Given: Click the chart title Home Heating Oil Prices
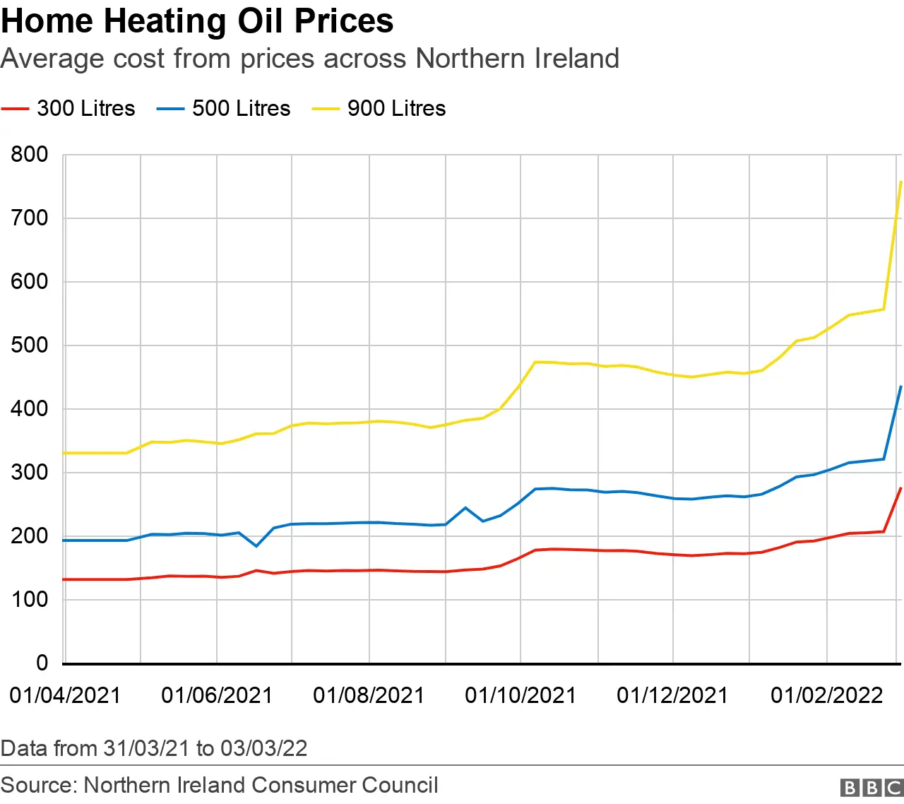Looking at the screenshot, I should point(197,21).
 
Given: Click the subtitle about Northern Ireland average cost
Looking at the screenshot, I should point(309,59).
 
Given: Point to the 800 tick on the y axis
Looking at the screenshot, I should point(30,155).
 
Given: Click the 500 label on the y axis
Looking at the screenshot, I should point(30,345).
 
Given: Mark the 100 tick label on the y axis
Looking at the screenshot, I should point(30,600).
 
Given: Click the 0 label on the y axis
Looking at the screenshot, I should point(42,663).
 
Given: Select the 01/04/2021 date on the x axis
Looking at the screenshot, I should point(65,695).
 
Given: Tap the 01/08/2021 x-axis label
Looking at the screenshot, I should point(369,695).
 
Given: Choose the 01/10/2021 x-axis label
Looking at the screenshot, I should point(521,695).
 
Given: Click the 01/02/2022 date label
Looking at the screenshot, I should point(826,695).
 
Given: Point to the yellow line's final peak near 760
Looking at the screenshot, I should point(900,182).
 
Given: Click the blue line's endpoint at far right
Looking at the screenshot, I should point(900,386).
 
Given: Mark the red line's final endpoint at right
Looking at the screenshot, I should point(900,488).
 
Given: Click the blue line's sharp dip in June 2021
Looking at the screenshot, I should point(256,546).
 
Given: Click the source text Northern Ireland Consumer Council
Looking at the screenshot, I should point(219,785).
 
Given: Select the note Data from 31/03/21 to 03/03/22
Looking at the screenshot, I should point(154,748).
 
